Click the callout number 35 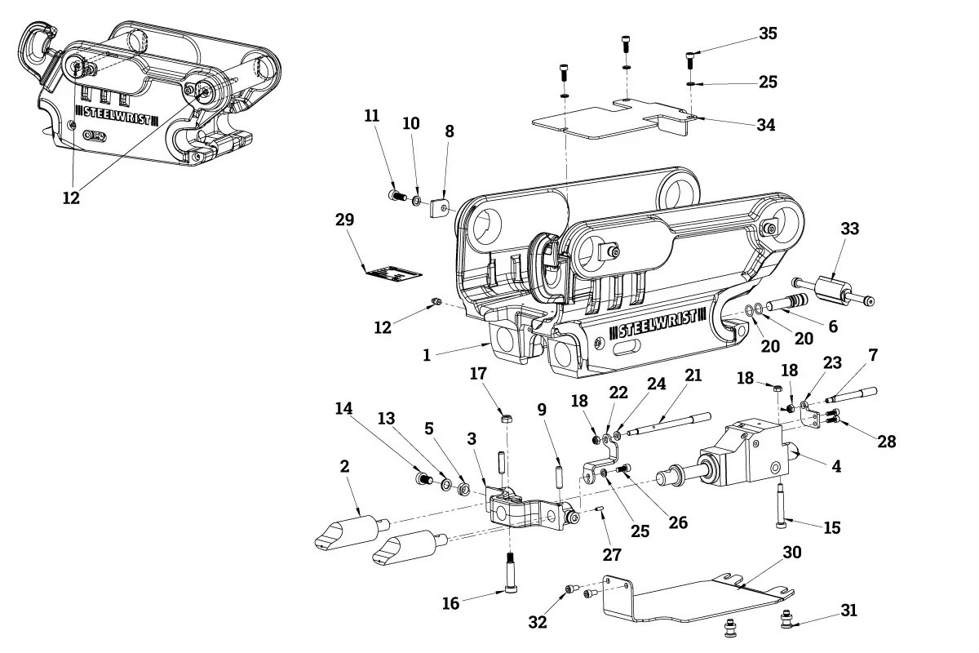click(768, 33)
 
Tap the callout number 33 click(849, 229)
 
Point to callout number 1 click(426, 355)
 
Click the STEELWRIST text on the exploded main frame click(657, 325)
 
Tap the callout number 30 click(792, 553)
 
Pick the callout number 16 click(451, 603)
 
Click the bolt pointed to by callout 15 click(782, 506)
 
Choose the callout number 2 click(344, 466)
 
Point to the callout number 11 click(372, 116)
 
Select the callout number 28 click(887, 442)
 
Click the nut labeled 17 click(506, 419)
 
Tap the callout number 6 click(833, 325)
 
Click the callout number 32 click(538, 622)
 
